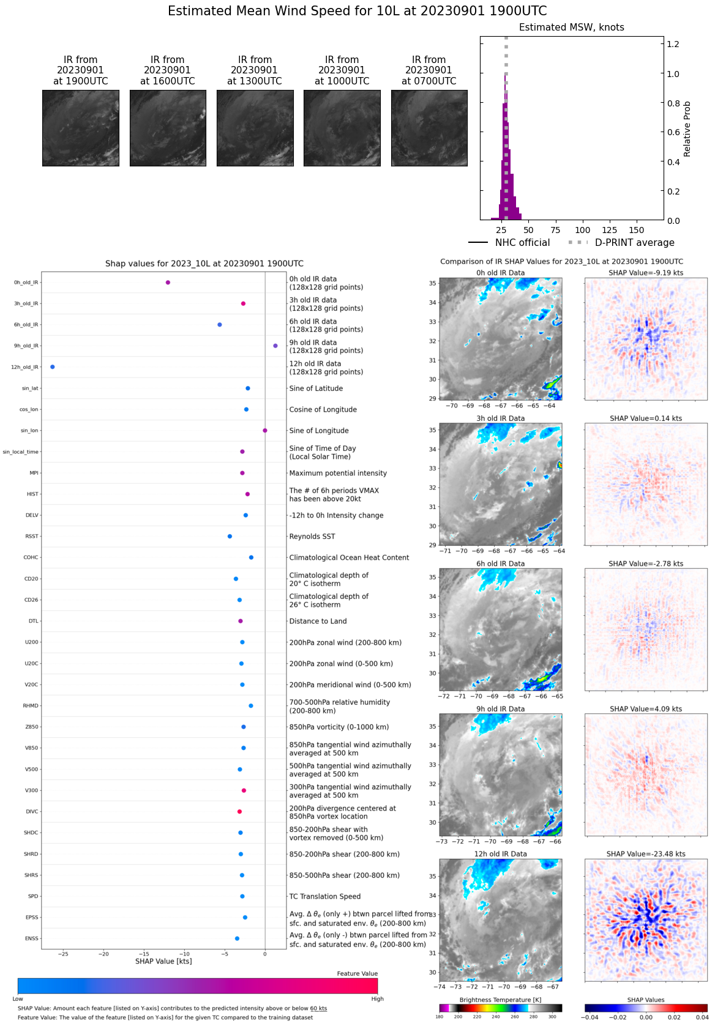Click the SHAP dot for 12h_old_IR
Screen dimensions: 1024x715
point(53,367)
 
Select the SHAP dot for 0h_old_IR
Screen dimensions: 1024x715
point(168,283)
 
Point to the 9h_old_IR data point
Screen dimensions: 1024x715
point(275,346)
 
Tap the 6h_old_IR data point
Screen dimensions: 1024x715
point(220,325)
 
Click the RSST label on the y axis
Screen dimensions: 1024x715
point(32,536)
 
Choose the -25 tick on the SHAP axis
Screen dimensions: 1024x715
point(63,954)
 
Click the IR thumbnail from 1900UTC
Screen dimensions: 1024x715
point(81,128)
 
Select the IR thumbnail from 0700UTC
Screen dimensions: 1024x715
point(429,128)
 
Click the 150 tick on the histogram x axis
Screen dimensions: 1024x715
point(637,230)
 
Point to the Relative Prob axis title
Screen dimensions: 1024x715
point(687,129)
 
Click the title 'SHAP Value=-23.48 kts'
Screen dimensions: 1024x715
point(646,854)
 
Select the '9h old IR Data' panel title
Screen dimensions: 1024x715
point(501,709)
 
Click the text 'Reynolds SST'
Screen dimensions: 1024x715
point(312,536)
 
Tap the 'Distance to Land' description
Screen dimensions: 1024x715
point(318,621)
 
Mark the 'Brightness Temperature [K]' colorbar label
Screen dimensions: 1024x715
point(500,1000)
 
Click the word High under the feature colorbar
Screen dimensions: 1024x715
point(377,999)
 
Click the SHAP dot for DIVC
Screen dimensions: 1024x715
point(239,812)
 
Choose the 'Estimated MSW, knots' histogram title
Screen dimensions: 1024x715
point(572,28)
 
